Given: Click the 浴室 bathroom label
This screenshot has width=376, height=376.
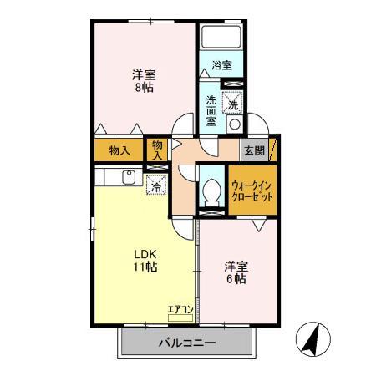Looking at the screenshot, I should [x=221, y=65].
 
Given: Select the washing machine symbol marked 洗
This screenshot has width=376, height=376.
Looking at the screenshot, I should [x=234, y=105].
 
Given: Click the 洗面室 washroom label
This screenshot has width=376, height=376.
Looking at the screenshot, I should [x=211, y=110].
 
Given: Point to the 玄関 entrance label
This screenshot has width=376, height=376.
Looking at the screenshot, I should [x=253, y=150].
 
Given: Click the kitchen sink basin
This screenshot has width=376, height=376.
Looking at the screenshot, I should [x=130, y=176].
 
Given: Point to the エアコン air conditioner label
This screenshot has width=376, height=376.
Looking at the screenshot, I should [x=180, y=310].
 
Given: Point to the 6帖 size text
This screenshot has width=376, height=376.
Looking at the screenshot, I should [x=235, y=280].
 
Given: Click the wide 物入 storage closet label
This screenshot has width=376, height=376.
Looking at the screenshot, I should [x=119, y=151].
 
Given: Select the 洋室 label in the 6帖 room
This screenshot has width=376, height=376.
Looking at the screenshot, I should [x=235, y=266].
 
